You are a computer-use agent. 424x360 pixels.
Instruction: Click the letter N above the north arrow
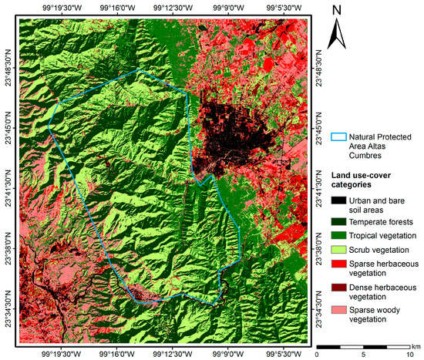338,11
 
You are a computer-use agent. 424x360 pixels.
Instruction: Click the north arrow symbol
338,35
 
